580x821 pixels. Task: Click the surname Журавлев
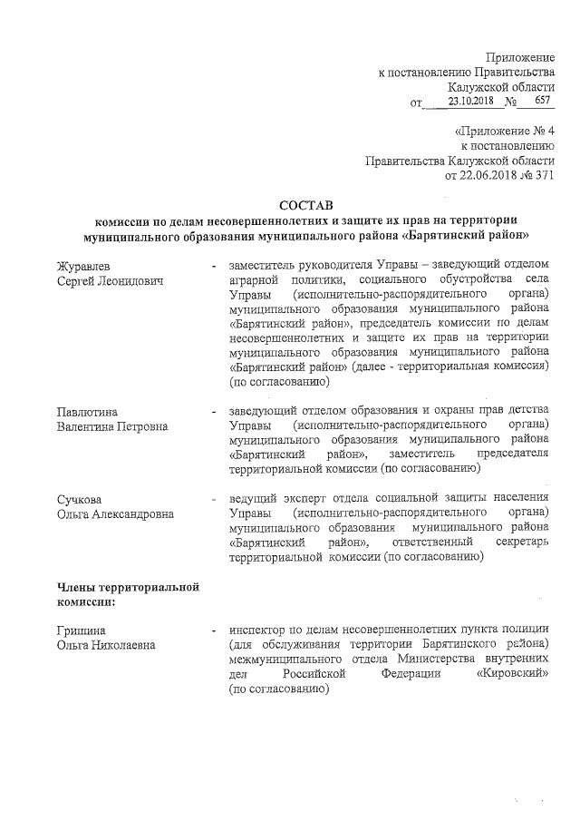(x=83, y=266)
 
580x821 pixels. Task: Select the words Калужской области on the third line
(x=507, y=87)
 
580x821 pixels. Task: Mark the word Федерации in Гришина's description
(x=411, y=673)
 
